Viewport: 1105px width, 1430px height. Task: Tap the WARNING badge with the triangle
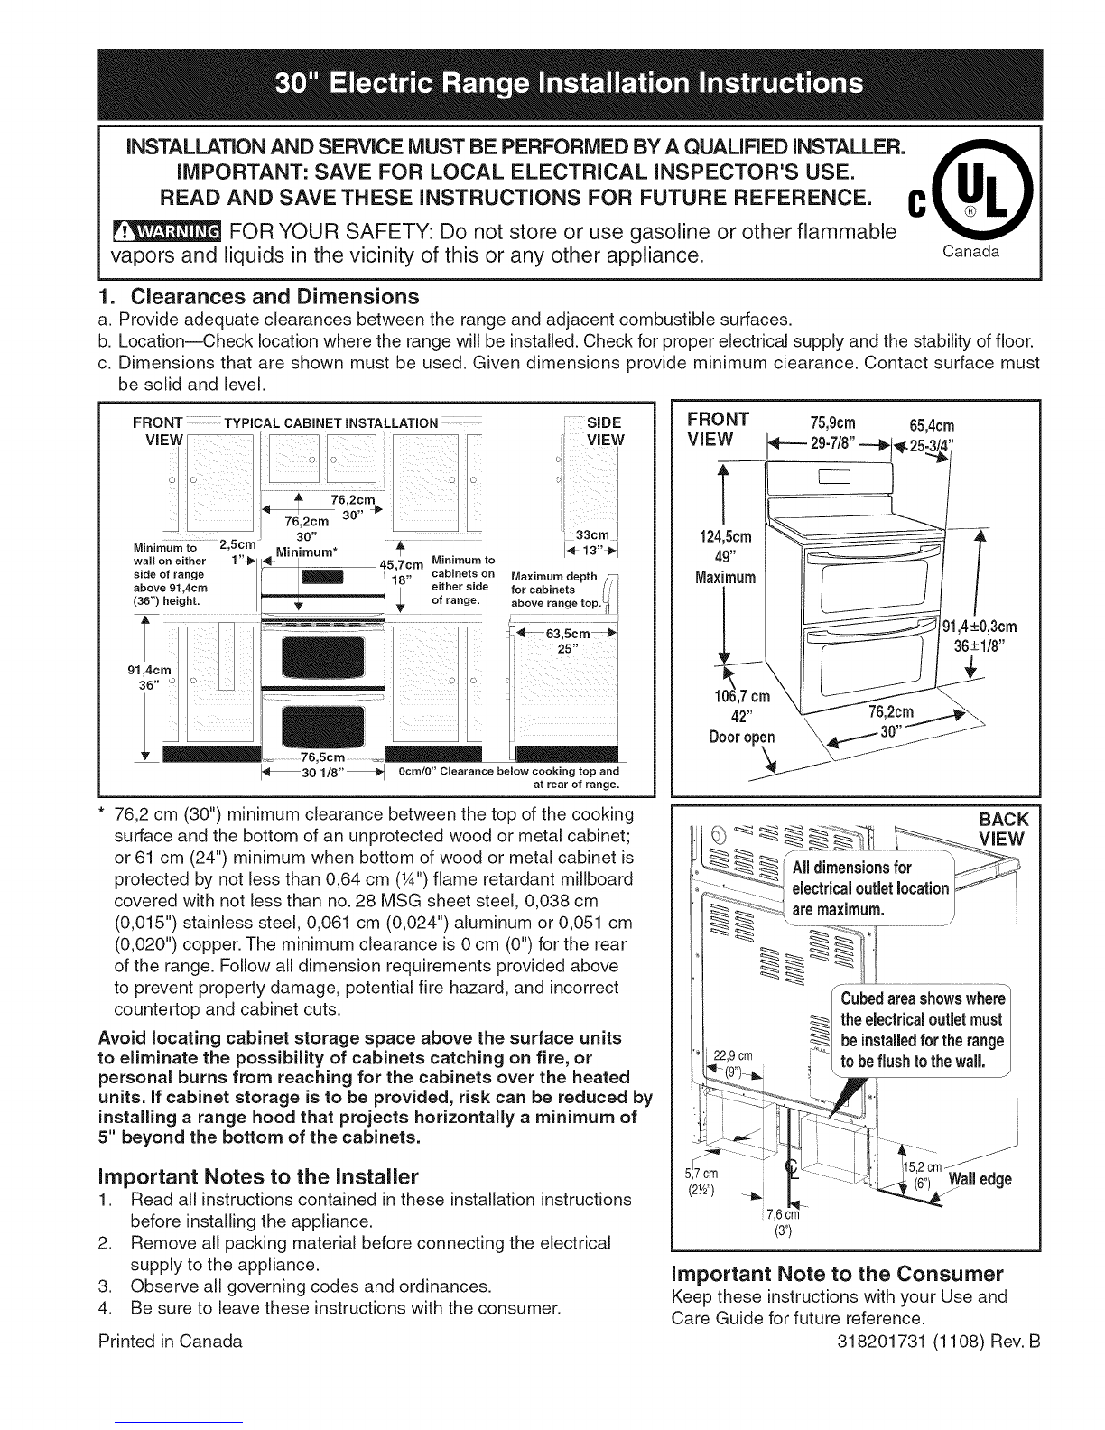click(168, 232)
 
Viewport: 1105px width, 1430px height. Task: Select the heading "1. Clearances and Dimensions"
click(258, 297)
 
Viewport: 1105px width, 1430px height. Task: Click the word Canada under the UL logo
click(970, 251)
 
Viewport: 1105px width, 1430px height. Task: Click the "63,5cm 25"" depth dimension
click(567, 640)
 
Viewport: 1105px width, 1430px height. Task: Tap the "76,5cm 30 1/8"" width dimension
click(322, 765)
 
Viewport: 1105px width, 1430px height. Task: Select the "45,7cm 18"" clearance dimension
click(402, 571)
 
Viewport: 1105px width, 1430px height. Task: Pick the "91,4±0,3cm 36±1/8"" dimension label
click(980, 636)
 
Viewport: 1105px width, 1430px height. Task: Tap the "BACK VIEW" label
click(1001, 829)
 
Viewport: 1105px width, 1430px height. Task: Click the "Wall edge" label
click(980, 1179)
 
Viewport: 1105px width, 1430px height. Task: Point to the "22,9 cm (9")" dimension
click(732, 1063)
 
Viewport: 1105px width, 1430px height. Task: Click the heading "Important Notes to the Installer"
click(258, 1176)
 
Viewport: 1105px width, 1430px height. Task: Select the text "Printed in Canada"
click(171, 1342)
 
